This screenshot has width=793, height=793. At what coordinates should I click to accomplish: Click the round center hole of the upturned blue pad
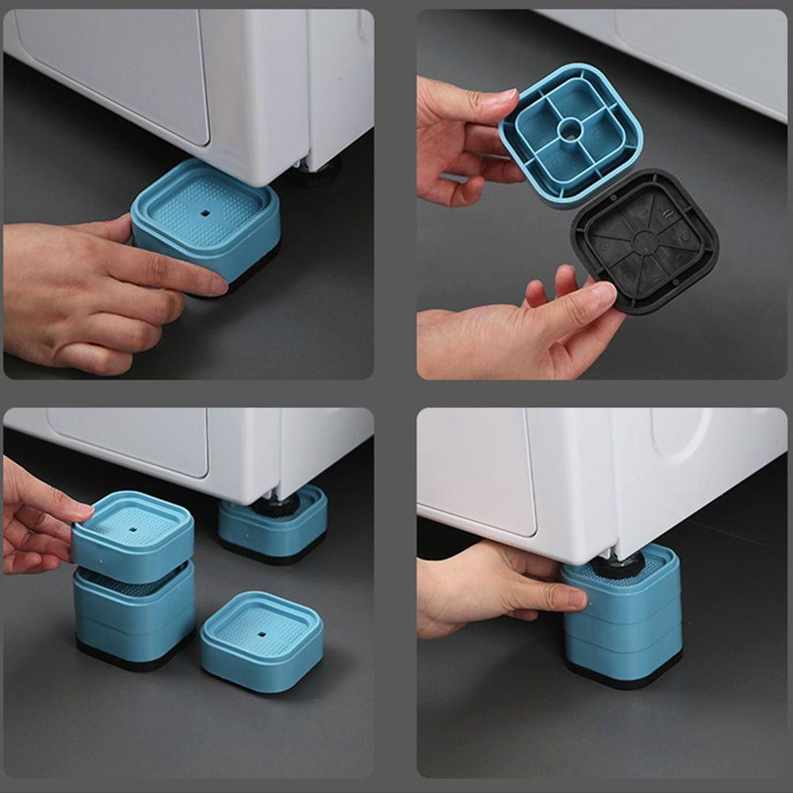point(569,128)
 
